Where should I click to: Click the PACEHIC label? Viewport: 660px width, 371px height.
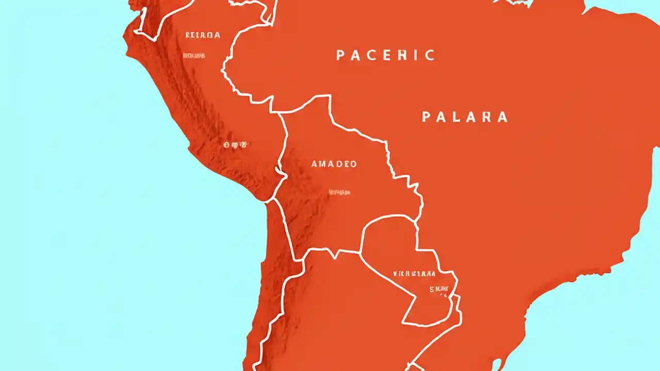click(x=385, y=55)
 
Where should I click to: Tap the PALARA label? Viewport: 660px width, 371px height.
click(x=465, y=117)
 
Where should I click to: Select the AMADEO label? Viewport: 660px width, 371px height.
click(x=334, y=164)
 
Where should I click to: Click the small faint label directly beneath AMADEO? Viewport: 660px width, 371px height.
click(x=339, y=192)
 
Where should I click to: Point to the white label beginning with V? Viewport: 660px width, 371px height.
click(x=414, y=274)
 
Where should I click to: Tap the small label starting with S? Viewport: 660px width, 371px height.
click(x=439, y=290)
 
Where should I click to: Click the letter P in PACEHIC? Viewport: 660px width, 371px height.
click(x=341, y=55)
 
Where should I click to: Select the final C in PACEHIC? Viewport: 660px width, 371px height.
click(x=430, y=55)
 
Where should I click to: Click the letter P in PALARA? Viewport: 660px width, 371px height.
click(x=426, y=117)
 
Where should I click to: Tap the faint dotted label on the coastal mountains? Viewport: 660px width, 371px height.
click(x=235, y=145)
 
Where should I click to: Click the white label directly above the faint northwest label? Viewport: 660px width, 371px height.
click(x=202, y=35)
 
